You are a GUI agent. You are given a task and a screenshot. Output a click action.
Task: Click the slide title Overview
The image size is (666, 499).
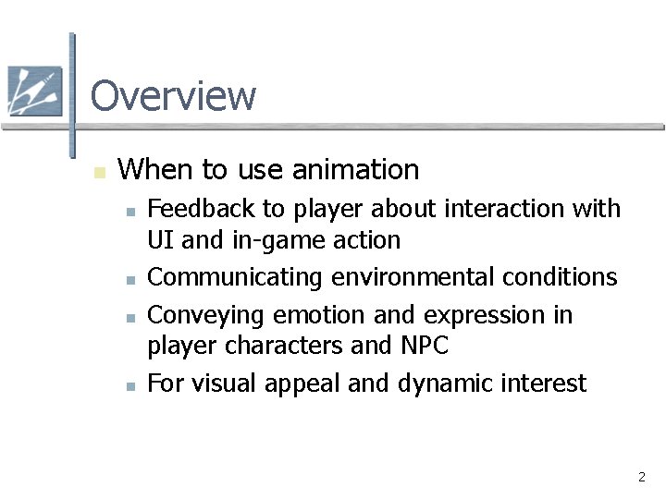click(173, 95)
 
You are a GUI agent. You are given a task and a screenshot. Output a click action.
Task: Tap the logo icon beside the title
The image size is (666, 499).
click(34, 91)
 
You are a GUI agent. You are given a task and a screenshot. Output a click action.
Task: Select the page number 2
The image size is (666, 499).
click(641, 478)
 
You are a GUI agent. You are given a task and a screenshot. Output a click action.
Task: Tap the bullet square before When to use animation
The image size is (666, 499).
click(101, 172)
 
